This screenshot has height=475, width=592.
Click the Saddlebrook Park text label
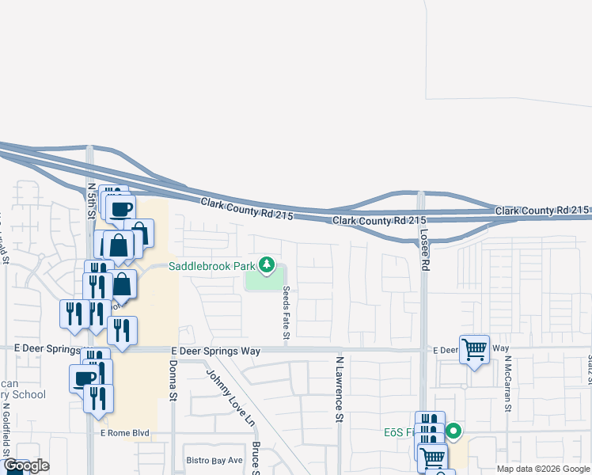pos(211,266)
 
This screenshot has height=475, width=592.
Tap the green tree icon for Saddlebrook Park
pos(268,266)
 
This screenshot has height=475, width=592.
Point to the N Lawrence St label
pos(339,388)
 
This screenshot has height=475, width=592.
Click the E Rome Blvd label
pos(124,433)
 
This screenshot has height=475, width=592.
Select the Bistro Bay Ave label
pos(214,460)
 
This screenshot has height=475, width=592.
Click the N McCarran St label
pos(508,387)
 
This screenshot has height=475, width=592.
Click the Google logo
pos(26,465)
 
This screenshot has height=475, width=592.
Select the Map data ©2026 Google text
pos(544,469)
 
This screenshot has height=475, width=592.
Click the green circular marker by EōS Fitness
pos(453,432)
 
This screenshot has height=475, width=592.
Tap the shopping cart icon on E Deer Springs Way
pos(474,348)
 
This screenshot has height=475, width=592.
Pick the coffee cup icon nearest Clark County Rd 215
pos(121,209)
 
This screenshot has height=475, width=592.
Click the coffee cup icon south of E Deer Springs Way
pos(84,378)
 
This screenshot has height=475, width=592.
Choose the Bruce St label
pos(256,458)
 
